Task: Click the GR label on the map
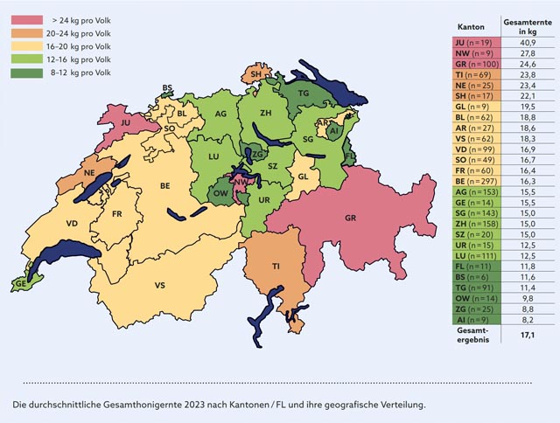click(351, 216)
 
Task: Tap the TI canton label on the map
click(276, 266)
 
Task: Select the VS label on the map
click(160, 286)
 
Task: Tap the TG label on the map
click(304, 93)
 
